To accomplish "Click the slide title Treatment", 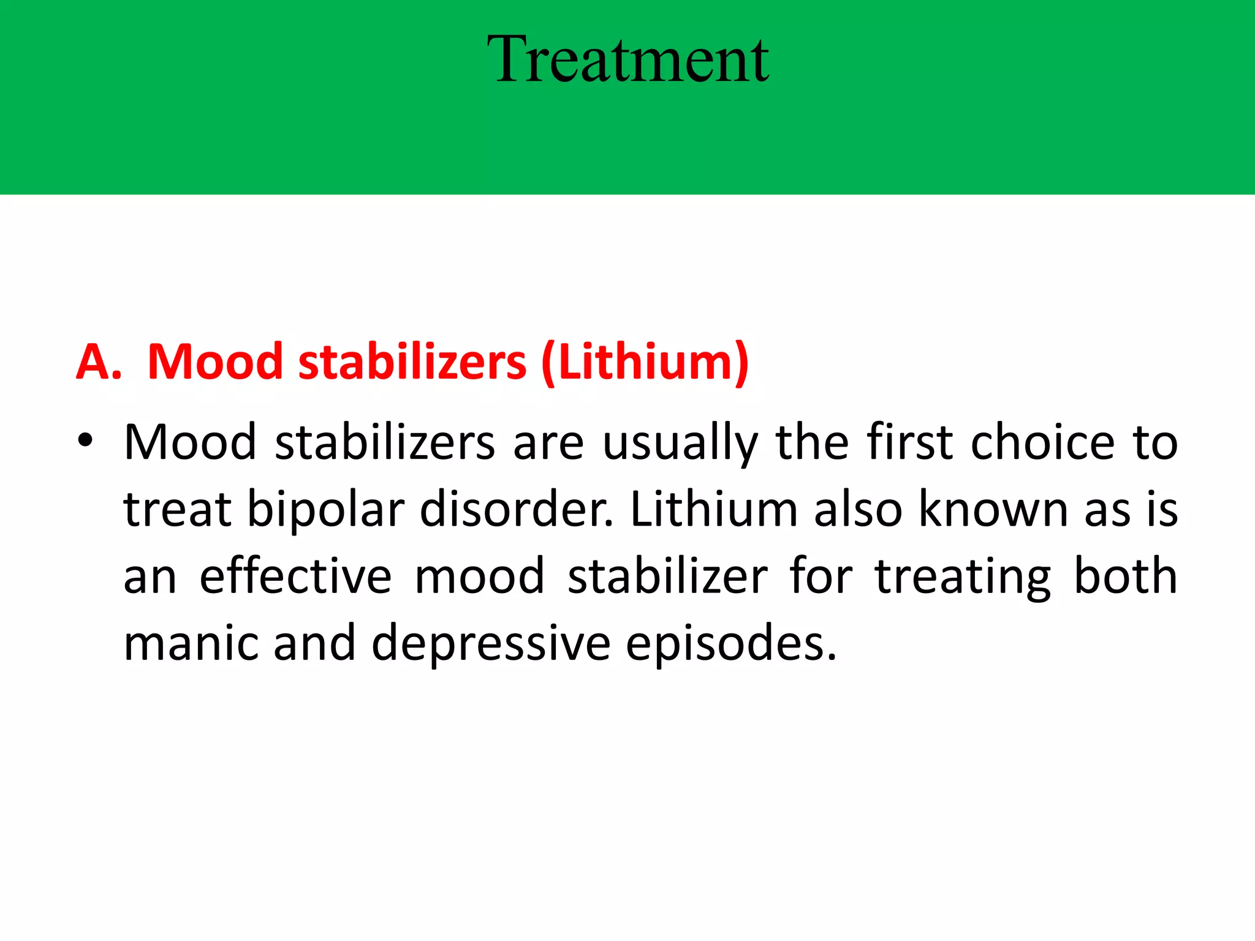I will point(627,59).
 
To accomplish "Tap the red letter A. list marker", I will point(98,362).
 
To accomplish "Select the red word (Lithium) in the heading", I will point(645,362).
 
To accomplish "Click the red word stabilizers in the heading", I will point(412,362).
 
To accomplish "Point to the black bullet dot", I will point(85,440).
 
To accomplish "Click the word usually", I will point(680,443).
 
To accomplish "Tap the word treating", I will point(963,577).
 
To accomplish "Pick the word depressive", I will point(491,644).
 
